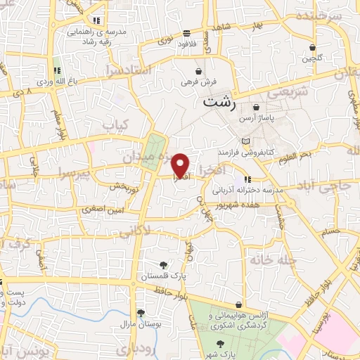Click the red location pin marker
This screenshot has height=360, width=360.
[x=181, y=165]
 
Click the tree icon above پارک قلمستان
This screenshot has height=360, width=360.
[x=164, y=265]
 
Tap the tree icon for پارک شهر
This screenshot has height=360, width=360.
[x=221, y=342]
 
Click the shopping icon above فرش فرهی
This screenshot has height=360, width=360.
[x=200, y=71]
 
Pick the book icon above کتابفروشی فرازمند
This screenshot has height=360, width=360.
[x=245, y=142]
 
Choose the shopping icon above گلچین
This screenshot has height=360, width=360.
[x=313, y=47]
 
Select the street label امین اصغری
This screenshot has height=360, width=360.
[x=101, y=208]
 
